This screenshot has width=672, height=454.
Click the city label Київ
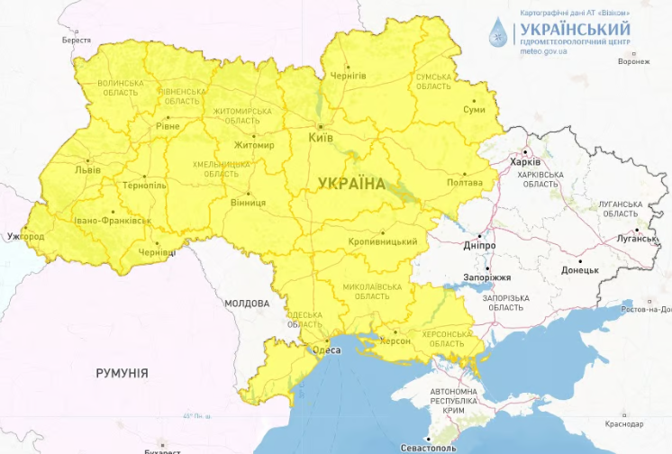322,138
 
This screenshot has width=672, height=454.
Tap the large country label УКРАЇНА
351,184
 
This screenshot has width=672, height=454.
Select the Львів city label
87,169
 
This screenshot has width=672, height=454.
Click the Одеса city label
326,350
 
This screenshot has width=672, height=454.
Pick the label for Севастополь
428,448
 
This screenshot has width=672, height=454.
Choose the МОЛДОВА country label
247,304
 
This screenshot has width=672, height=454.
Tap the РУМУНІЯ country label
123,372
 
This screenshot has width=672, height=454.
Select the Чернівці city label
157,253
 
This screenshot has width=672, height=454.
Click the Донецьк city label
579,269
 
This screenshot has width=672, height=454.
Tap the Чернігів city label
349,77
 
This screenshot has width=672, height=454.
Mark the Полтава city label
465,183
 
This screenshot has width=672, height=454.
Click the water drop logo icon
497,33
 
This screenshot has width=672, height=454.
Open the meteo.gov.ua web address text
544,51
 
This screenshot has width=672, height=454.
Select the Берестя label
77,41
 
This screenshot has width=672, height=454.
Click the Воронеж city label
634,62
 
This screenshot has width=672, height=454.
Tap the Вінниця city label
248,203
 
